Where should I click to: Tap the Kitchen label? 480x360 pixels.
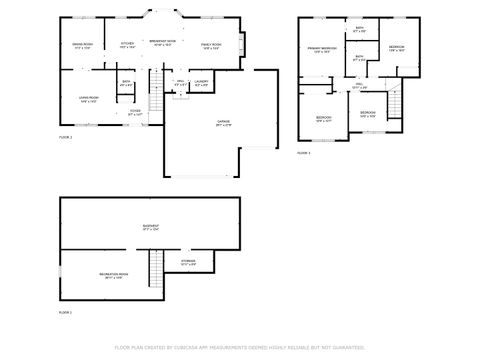tap(127, 45)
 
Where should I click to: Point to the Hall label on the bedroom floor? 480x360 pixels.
tap(359, 87)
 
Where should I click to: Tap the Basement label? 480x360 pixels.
tap(151, 227)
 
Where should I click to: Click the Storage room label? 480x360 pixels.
tap(188, 263)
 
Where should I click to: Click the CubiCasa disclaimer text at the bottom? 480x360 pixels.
tap(239, 346)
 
